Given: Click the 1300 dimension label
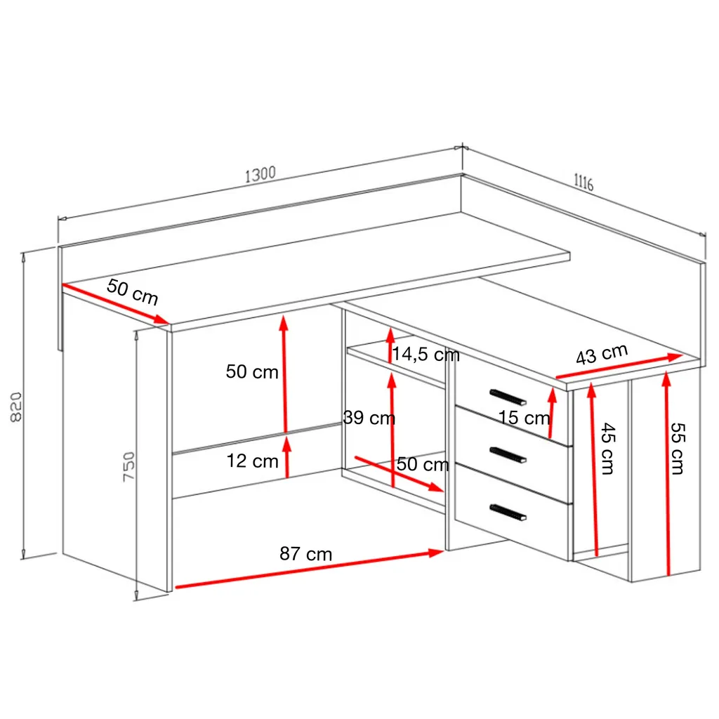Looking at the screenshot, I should coord(260,174).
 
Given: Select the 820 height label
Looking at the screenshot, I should coord(18,407).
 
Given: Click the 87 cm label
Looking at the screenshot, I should coord(305,554).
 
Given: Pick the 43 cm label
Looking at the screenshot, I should coord(601,355).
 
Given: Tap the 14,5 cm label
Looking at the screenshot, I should coord(426,355).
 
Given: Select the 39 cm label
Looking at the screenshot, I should coord(369,418).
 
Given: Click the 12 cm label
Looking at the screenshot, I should coord(252,461).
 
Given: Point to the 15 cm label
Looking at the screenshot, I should coord(524,418).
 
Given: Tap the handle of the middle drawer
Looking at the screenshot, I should coord(508,454).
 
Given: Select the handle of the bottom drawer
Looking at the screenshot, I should coord(508,512).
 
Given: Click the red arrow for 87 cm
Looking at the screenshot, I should coord(309,569).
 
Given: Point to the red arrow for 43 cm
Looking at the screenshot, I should coord(618,368).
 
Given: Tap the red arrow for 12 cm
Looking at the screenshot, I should coord(286,456).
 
